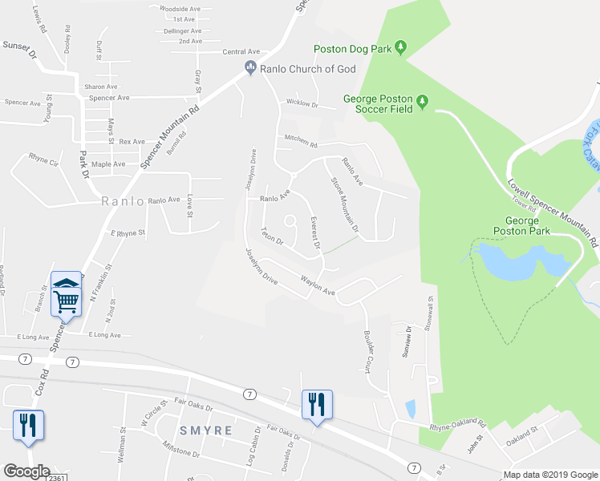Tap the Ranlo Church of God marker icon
(x=250, y=69)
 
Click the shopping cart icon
(x=67, y=302)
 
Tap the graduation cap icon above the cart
(x=67, y=282)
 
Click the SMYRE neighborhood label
(x=205, y=430)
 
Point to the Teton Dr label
(x=272, y=238)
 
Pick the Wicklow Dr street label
(x=302, y=104)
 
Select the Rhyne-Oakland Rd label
(x=458, y=423)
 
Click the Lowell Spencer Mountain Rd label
(x=553, y=212)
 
